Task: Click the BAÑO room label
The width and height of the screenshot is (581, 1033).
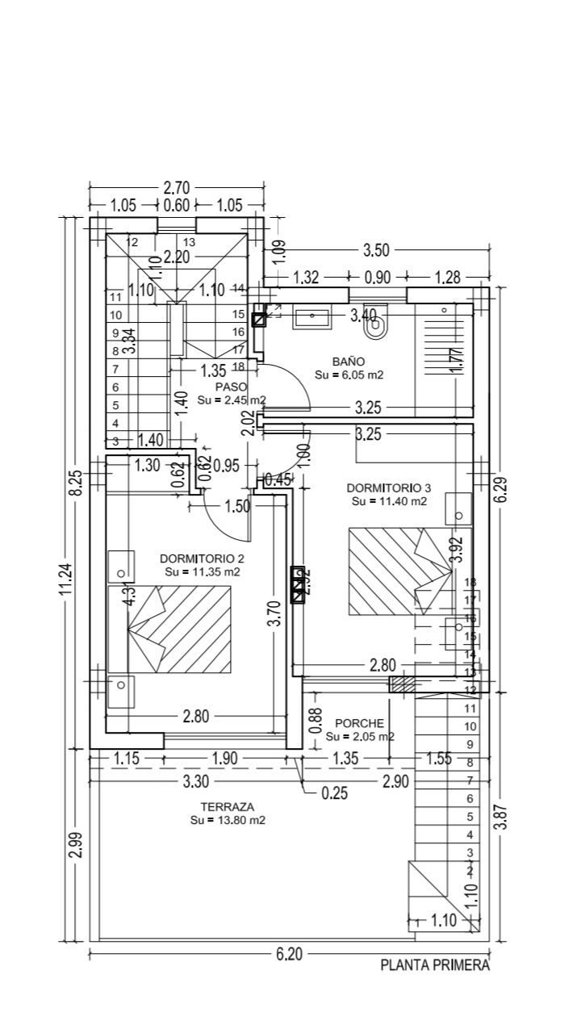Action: [x=348, y=362]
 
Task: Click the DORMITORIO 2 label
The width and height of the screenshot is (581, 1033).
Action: [x=202, y=558]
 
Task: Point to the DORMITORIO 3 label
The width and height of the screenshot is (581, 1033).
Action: [x=389, y=488]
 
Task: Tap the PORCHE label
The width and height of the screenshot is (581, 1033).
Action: [x=357, y=723]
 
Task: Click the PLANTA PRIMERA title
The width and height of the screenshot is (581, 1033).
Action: [x=435, y=965]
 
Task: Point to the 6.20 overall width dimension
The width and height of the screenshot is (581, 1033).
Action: [x=289, y=955]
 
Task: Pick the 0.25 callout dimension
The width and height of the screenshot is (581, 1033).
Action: [x=334, y=793]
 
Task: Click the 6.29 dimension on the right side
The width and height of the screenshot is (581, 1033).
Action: [x=500, y=489]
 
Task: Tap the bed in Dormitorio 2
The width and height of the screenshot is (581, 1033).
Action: [x=179, y=629]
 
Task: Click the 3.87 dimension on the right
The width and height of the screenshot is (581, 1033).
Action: [x=500, y=817]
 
